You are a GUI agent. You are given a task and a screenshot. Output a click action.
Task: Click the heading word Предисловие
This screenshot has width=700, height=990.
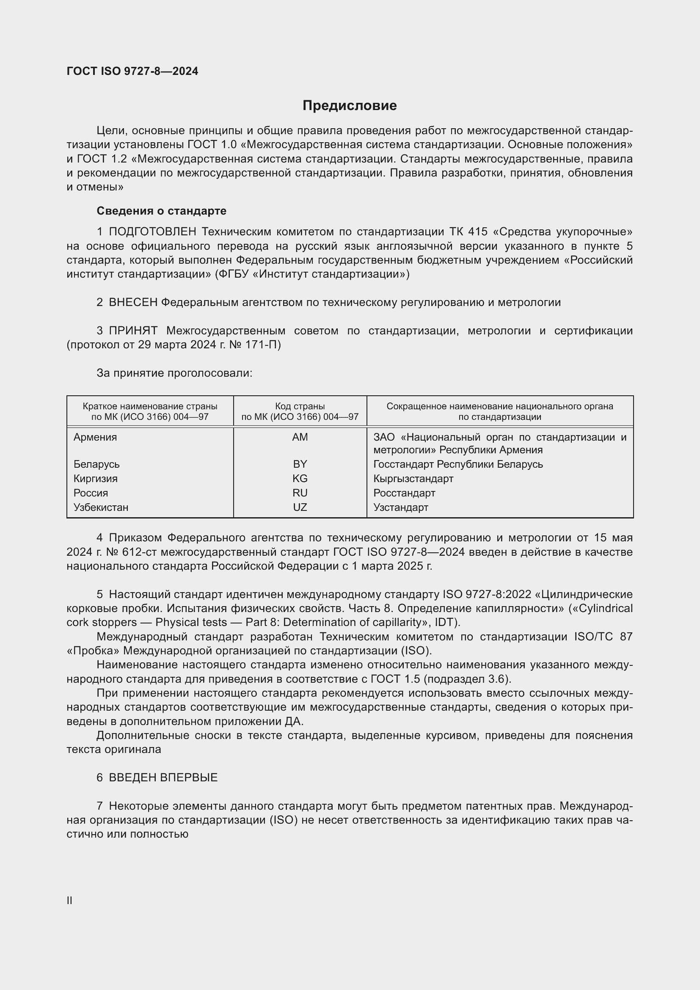349,105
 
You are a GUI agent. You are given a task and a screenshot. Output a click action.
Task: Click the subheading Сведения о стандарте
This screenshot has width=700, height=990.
161,211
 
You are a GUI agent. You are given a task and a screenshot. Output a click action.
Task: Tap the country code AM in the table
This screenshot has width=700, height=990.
300,437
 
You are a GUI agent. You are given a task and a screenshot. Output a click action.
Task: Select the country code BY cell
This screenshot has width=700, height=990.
300,464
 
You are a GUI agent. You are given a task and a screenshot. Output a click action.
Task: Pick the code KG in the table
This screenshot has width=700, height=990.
300,479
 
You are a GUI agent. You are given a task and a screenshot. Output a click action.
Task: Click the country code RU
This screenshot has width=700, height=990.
300,493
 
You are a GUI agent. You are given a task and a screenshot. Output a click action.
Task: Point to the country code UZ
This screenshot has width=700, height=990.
300,507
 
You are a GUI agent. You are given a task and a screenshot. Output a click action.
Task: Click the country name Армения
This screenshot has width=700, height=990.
95,437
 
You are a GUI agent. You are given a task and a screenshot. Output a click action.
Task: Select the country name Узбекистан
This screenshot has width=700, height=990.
101,507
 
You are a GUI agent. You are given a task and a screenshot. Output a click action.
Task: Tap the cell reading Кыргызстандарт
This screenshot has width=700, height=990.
413,479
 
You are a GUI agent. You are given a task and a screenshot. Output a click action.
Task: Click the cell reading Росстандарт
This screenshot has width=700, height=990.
404,493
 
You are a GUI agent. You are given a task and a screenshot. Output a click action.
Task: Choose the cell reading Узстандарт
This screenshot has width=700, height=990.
400,507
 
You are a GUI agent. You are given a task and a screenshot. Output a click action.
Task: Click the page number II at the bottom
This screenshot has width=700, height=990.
69,901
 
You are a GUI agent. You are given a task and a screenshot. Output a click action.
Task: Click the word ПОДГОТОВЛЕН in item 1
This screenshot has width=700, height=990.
153,232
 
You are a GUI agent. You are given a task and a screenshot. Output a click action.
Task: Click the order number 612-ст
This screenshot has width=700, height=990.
141,552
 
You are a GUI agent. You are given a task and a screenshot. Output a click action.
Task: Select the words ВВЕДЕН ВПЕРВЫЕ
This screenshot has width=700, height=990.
163,778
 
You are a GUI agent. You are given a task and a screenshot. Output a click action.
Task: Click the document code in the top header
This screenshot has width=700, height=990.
132,71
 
